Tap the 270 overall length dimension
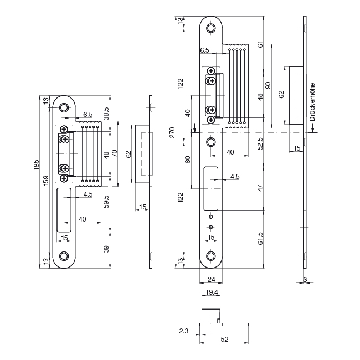[x=172, y=132]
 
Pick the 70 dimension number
[x=115, y=153]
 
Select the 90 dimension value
[x=268, y=85]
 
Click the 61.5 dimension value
[x=260, y=238]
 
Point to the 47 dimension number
[x=260, y=188]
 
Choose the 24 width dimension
[x=210, y=280]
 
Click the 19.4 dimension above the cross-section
[x=211, y=291]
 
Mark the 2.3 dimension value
[x=183, y=331]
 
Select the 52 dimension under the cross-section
[x=225, y=339]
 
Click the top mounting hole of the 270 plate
[x=211, y=28]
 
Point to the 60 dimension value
[x=188, y=160]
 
